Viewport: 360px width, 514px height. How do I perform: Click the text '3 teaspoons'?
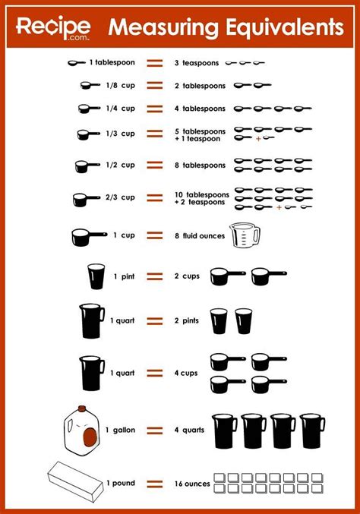[196, 62]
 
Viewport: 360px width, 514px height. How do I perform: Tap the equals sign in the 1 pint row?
[155, 276]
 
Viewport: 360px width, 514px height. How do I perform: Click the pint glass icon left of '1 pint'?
[96, 276]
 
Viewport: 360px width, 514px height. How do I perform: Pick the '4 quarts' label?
[188, 430]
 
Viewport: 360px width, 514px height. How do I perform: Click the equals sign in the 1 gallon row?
[155, 430]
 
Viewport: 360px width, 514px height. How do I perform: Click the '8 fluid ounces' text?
[200, 236]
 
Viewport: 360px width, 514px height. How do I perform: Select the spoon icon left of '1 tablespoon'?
[76, 62]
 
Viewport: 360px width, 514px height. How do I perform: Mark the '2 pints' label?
[187, 321]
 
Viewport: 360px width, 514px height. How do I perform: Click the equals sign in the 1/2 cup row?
[155, 165]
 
